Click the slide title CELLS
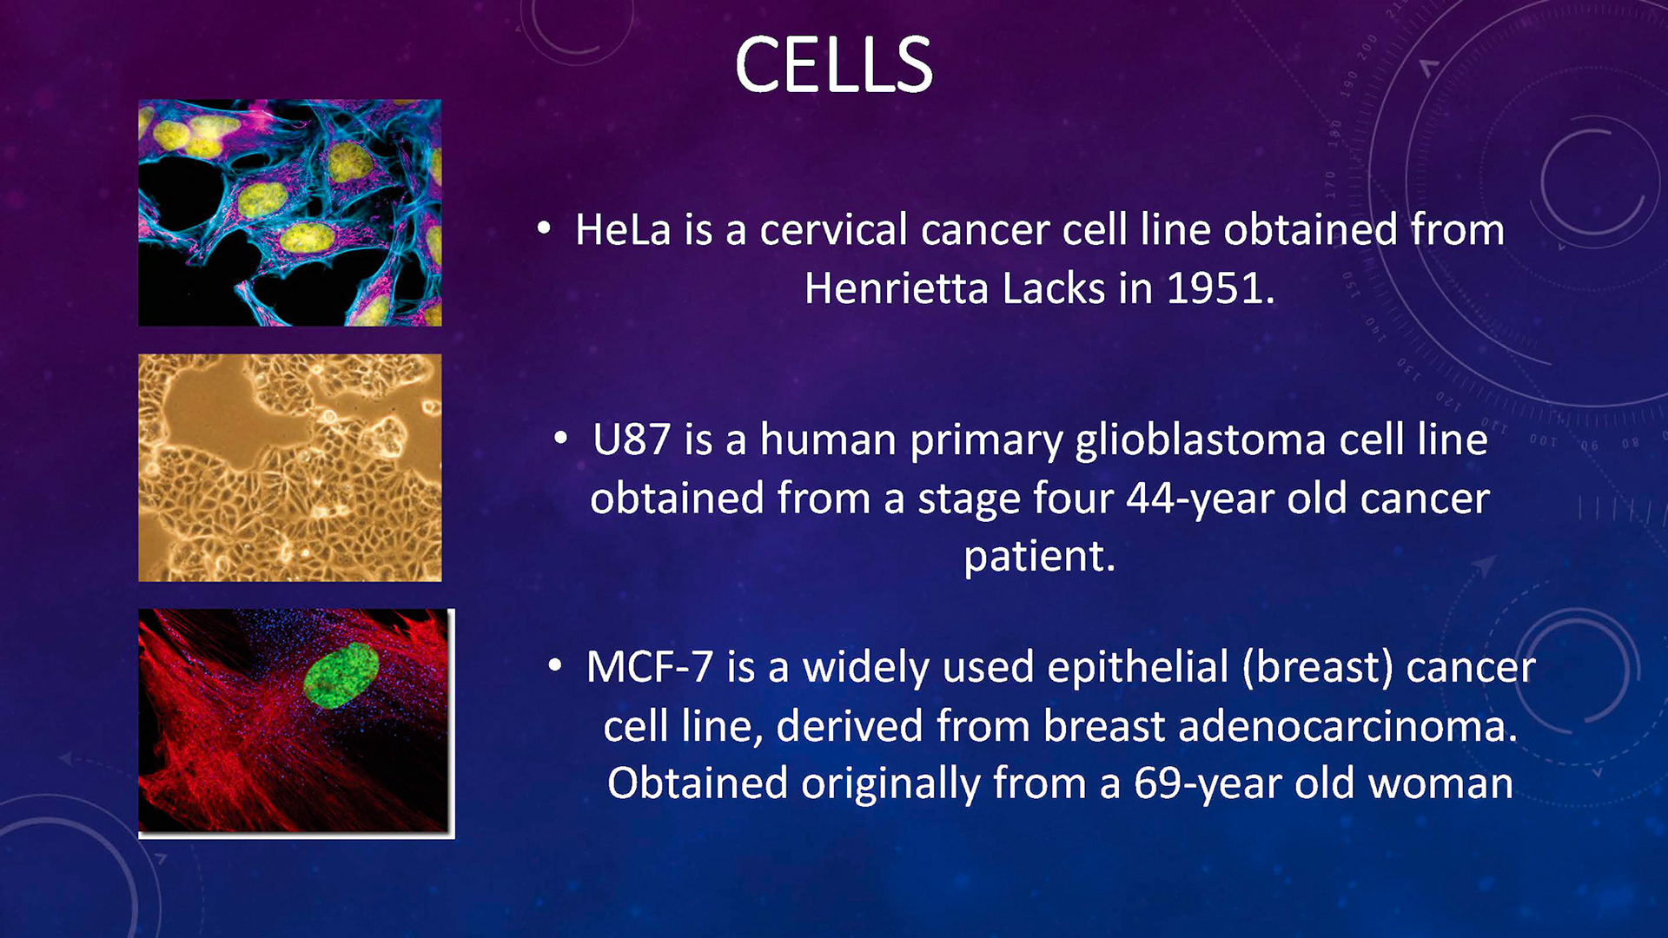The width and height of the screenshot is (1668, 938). pyautogui.click(x=833, y=64)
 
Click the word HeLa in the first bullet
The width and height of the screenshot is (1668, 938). pyautogui.click(x=623, y=230)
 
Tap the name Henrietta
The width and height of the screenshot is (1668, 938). pyautogui.click(x=896, y=288)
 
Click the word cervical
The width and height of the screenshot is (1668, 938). pyautogui.click(x=833, y=230)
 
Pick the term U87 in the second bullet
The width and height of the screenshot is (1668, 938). pyautogui.click(x=632, y=439)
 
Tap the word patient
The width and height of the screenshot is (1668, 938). pyautogui.click(x=1039, y=556)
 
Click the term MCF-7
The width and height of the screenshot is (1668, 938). pyautogui.click(x=649, y=667)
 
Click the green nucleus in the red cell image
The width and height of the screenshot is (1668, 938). pyautogui.click(x=341, y=675)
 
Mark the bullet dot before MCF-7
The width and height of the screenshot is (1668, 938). pyautogui.click(x=555, y=667)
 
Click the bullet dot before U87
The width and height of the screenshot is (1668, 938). pyautogui.click(x=561, y=439)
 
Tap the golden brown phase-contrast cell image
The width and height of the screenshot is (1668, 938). pyautogui.click(x=290, y=467)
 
